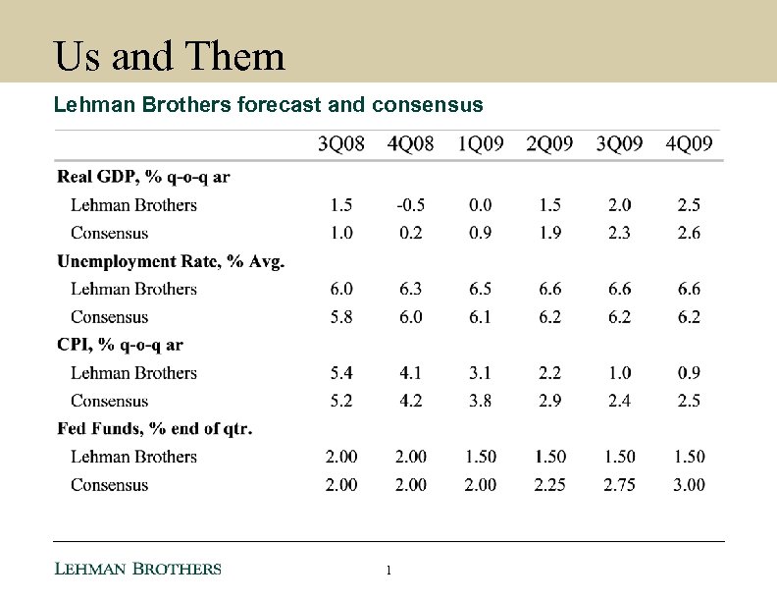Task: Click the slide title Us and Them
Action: click(x=170, y=56)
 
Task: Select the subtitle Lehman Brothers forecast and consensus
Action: click(x=268, y=104)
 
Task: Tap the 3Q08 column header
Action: click(x=342, y=144)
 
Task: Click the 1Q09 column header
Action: click(x=481, y=144)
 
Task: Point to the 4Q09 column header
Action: click(x=689, y=144)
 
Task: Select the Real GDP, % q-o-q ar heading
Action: click(x=144, y=177)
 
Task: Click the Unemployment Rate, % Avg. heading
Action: click(x=171, y=261)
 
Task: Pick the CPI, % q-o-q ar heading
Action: click(x=121, y=345)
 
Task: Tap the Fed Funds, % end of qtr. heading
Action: click(x=155, y=429)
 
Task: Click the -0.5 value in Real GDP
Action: click(x=410, y=205)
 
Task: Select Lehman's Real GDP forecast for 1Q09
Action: click(x=481, y=205)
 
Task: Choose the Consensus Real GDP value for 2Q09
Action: click(x=550, y=234)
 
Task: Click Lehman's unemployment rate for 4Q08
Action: click(x=410, y=289)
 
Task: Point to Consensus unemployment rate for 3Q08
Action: click(x=341, y=317)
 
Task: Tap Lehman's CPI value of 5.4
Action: click(x=341, y=373)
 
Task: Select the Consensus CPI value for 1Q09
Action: click(x=481, y=401)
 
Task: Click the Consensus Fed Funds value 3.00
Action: click(x=689, y=485)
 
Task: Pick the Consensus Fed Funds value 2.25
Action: click(x=550, y=485)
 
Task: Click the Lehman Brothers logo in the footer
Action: click(x=137, y=570)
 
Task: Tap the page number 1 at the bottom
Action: click(x=389, y=571)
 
